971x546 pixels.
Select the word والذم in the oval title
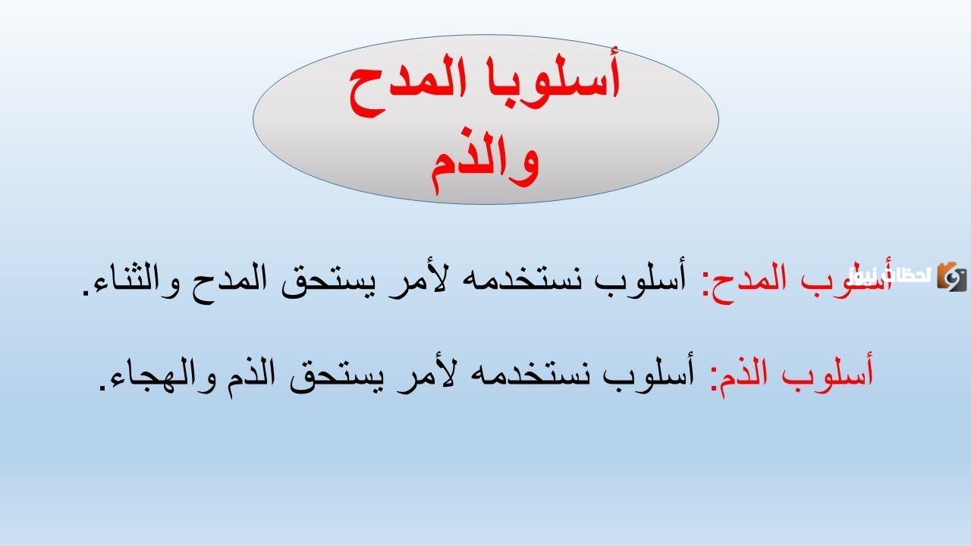(485, 160)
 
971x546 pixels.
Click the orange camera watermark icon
(952, 276)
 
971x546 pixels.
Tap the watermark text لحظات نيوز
(890, 276)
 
